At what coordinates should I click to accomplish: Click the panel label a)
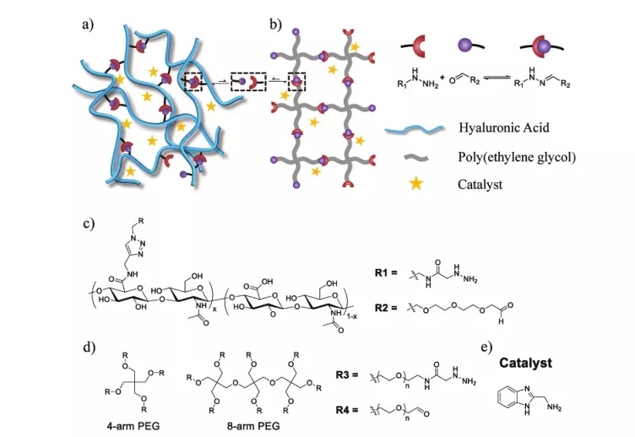[86, 23]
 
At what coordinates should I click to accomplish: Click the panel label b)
[275, 23]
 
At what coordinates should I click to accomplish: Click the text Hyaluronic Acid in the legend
[504, 127]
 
